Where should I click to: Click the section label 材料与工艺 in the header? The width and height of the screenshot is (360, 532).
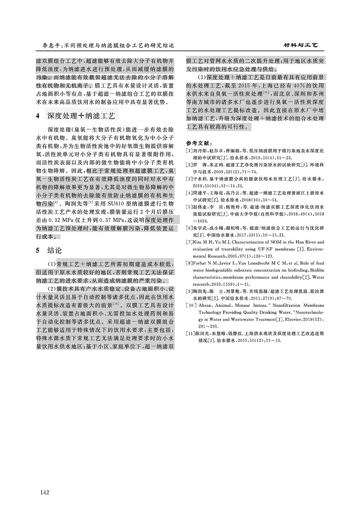[301, 46]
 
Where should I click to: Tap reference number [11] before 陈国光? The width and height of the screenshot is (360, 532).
[190, 334]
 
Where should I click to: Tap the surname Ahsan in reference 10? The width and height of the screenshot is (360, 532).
[205, 305]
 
